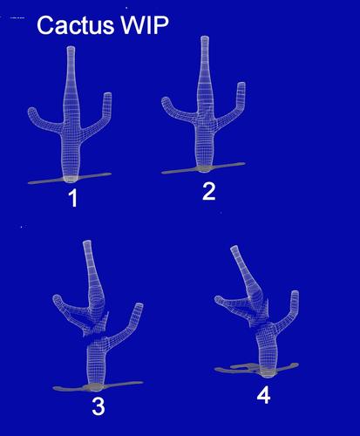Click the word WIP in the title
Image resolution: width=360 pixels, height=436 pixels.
click(x=145, y=25)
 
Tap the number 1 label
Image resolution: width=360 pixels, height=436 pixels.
click(x=73, y=198)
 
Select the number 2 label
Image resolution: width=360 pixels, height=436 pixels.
click(x=209, y=191)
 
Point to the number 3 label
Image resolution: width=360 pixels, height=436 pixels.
click(x=98, y=406)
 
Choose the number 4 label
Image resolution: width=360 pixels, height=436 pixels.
click(x=263, y=395)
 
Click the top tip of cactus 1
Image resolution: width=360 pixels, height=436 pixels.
click(x=71, y=47)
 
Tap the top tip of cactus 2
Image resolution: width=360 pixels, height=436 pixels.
click(x=205, y=37)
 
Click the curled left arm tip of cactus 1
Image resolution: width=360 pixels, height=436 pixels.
click(x=32, y=112)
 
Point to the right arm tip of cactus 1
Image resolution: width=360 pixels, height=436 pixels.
click(x=107, y=94)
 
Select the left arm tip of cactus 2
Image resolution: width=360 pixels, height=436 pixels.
click(x=166, y=101)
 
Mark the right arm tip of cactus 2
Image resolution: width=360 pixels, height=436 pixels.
click(x=241, y=84)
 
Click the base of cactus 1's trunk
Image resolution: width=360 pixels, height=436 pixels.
click(x=71, y=180)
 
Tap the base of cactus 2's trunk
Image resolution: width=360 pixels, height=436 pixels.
click(x=204, y=169)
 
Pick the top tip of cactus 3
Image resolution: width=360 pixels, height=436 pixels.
click(x=87, y=242)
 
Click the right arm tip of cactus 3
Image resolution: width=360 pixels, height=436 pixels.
click(x=139, y=305)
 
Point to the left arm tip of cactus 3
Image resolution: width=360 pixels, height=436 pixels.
click(x=57, y=299)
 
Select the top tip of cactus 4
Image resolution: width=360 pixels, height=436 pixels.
click(x=234, y=248)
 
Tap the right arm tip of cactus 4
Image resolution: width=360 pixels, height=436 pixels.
click(x=295, y=292)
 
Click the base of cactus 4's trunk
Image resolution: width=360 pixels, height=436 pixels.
click(x=268, y=374)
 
